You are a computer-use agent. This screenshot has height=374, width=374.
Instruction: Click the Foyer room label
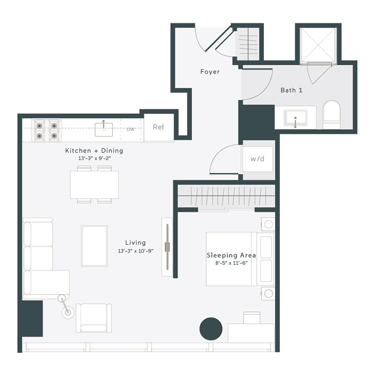point(210,71)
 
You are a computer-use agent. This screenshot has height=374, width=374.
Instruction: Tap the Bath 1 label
point(291,90)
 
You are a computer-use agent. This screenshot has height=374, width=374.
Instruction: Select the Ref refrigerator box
point(158,128)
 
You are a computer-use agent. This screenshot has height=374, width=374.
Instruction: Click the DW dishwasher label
point(130,129)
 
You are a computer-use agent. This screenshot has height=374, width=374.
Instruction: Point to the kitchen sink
point(103,129)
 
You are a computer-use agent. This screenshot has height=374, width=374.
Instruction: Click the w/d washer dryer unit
point(257,159)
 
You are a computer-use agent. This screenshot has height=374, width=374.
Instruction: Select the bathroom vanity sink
point(295,118)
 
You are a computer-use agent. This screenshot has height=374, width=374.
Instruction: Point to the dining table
point(94,185)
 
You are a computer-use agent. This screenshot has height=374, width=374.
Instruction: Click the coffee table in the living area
point(94,246)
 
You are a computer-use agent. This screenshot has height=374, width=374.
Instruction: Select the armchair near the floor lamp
point(93,318)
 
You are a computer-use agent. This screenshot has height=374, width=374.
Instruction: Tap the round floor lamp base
point(68,312)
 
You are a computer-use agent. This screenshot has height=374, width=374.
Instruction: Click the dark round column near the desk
point(211,328)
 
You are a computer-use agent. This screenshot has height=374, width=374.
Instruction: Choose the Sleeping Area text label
point(231,255)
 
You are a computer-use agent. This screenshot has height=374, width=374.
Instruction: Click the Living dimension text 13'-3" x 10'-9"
point(135,251)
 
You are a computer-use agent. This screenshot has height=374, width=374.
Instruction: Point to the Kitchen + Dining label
point(94,150)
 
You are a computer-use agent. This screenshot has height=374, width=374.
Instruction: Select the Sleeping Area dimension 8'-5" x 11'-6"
point(231,263)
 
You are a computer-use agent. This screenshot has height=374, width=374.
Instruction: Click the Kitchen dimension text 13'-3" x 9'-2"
point(94,158)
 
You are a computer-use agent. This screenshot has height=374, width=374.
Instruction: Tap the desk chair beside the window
point(252,317)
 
